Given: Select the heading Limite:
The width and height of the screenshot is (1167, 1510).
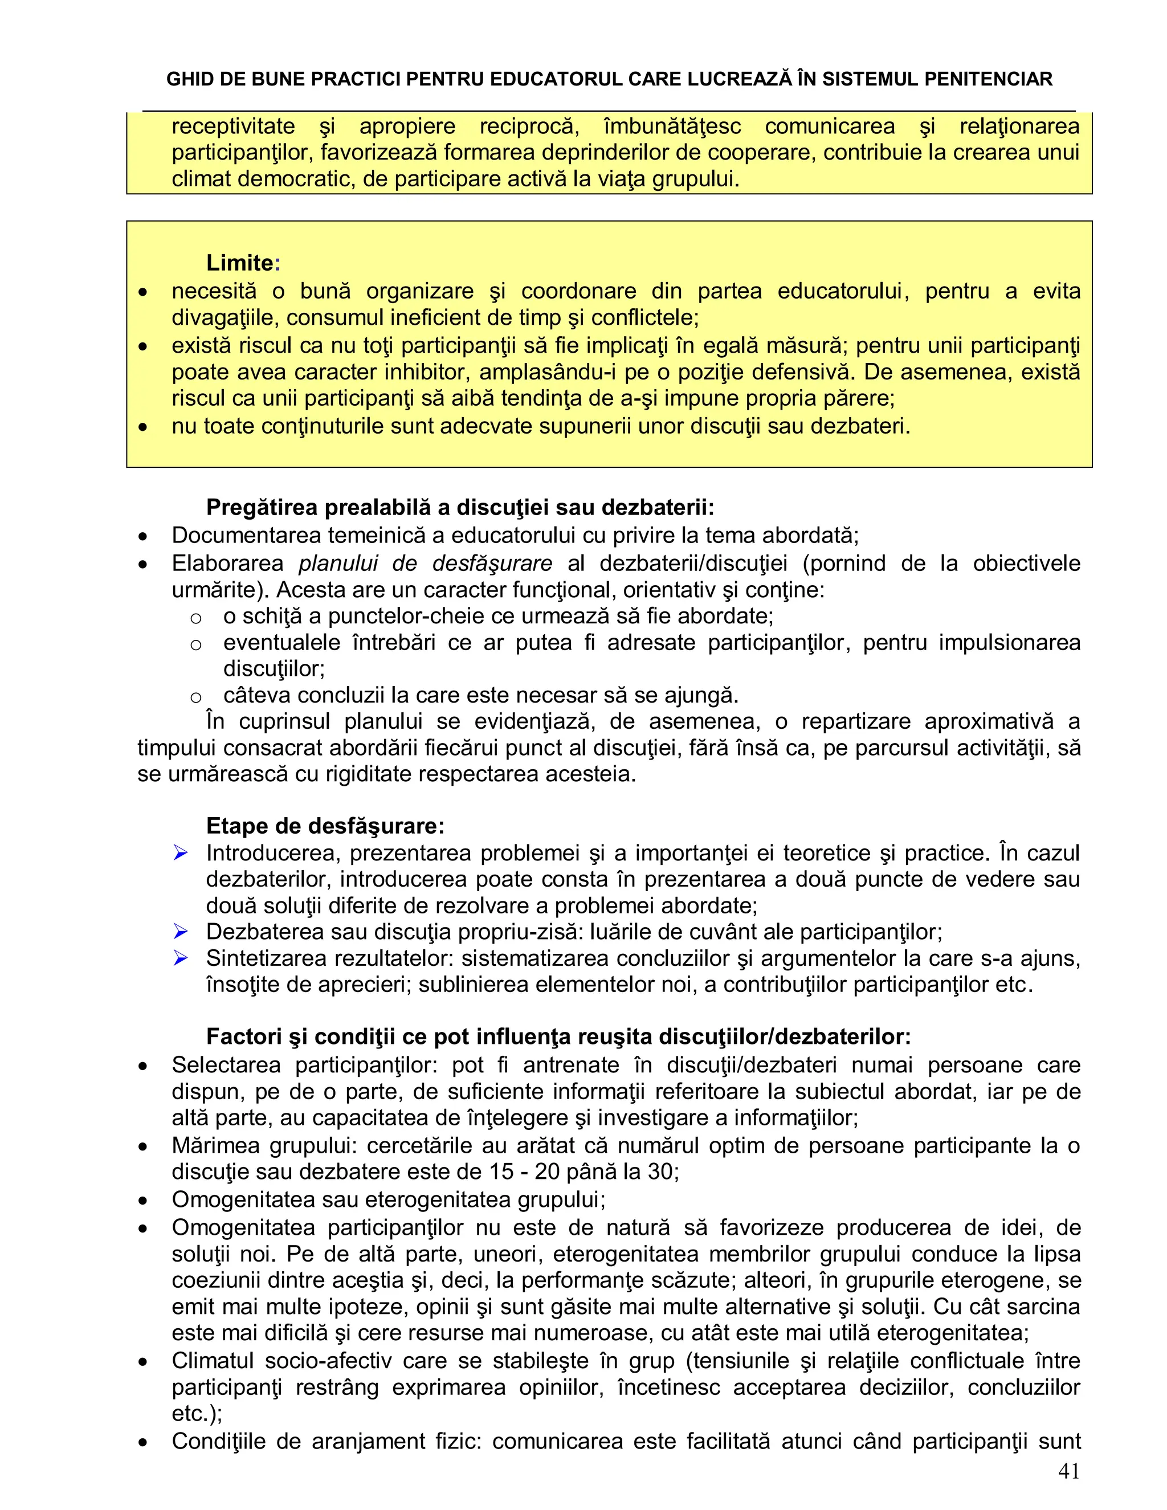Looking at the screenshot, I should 243,263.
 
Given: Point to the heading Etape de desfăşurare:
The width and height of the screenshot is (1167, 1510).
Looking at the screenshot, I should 325,826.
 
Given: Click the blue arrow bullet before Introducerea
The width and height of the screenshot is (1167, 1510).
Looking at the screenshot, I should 181,853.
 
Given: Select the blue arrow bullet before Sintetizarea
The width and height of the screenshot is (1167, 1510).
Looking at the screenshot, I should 181,958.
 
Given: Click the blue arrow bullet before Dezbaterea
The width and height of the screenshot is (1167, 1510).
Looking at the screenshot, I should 181,932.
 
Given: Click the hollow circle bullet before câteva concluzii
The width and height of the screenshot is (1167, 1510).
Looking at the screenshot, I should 195,697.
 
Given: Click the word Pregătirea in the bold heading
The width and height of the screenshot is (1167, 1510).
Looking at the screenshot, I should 262,508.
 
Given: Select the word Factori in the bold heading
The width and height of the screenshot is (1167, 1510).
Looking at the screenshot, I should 243,1037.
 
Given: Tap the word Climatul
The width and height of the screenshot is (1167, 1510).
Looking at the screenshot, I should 214,1361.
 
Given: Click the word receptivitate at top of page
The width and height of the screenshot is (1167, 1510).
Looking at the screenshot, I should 233,126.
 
